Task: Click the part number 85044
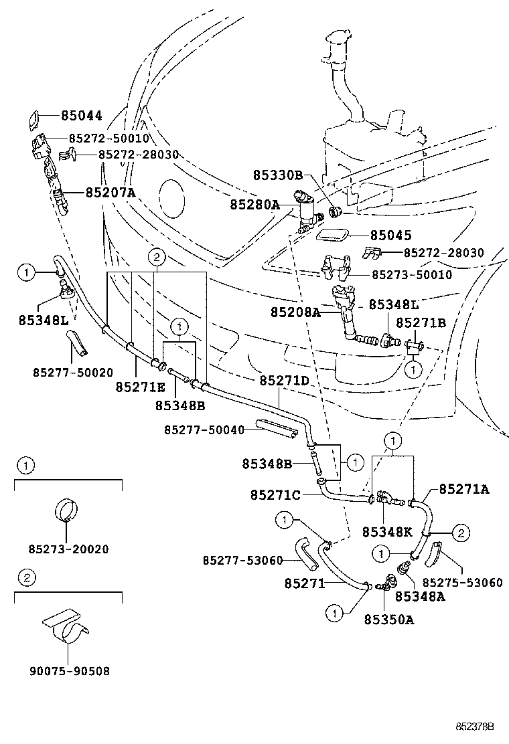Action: click(x=81, y=116)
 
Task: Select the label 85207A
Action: click(x=110, y=193)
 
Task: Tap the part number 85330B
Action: click(x=278, y=175)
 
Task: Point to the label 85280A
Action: click(x=254, y=204)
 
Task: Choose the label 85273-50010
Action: click(x=411, y=274)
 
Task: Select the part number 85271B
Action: click(x=421, y=322)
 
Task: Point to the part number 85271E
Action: click(x=140, y=387)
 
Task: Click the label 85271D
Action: click(x=284, y=381)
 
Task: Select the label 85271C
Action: click(x=276, y=495)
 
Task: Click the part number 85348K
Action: click(x=388, y=533)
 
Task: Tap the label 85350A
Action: click(x=388, y=620)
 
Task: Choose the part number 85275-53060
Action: click(x=462, y=583)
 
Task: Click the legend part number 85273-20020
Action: click(x=68, y=549)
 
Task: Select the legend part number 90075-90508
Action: click(x=68, y=670)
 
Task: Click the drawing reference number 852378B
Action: click(x=475, y=726)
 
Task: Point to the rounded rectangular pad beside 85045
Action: click(x=332, y=236)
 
